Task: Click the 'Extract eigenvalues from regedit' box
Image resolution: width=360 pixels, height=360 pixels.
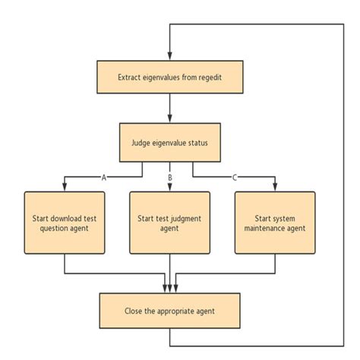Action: coord(170,77)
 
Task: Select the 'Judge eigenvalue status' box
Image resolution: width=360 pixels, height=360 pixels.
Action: coord(170,141)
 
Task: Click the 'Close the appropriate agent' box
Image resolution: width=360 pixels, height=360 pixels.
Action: coord(170,310)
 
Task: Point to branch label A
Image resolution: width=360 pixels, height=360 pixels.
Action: coord(103,176)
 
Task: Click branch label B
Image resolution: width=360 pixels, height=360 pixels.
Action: coord(170,176)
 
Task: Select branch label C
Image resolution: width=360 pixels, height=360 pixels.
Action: coord(235,176)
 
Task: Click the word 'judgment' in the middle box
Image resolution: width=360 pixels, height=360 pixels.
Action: coord(185,216)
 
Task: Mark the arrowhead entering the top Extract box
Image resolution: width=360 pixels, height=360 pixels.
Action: coord(170,56)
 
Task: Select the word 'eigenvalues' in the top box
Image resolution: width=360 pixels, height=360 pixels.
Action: coord(158,77)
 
